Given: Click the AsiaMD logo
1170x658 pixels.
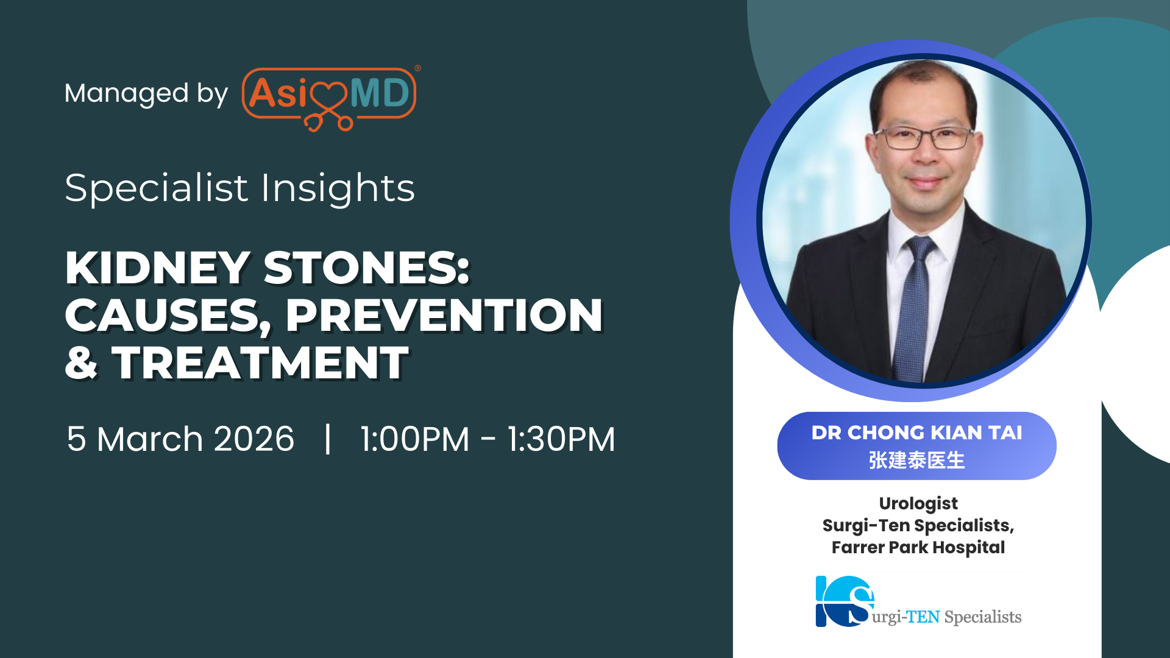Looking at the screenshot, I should (x=329, y=97).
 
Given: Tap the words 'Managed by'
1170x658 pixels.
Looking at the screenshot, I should (x=146, y=94).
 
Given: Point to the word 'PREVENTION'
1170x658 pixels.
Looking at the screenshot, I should (x=444, y=316).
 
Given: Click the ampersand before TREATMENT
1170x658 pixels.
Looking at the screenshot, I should (x=81, y=363).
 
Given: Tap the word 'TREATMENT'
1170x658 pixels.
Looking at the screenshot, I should (x=260, y=363).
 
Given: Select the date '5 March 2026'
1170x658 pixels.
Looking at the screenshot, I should (x=180, y=439).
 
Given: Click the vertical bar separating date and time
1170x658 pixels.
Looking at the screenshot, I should (x=328, y=439).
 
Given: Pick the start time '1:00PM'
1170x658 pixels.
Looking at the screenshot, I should (x=414, y=439).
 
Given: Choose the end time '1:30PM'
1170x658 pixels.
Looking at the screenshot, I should (x=561, y=439).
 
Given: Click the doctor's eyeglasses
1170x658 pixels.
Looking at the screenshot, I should (x=924, y=138).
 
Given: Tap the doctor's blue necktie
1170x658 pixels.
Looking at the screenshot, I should (x=913, y=305).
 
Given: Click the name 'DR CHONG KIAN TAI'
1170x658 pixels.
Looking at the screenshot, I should (x=916, y=433).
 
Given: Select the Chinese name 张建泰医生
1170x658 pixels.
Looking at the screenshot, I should (x=916, y=460).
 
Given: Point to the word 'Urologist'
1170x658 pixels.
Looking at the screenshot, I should (x=918, y=504).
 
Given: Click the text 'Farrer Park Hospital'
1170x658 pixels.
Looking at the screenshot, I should (x=918, y=547).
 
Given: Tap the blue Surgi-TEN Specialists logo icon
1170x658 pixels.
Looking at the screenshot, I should (x=845, y=601).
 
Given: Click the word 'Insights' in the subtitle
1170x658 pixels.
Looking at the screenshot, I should (x=338, y=188).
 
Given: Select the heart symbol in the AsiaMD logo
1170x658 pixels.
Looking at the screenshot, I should (x=328, y=97).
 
